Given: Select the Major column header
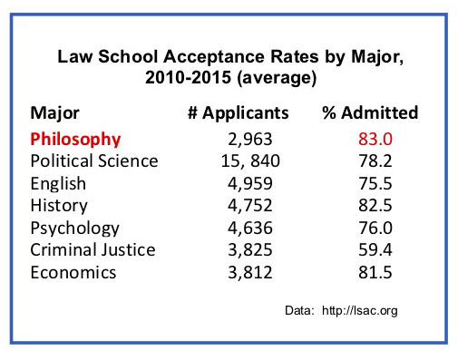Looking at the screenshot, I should point(54,114).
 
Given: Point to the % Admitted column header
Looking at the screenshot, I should point(370,114).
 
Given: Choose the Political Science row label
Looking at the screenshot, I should point(94,161).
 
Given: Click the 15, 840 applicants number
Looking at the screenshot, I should point(239,161).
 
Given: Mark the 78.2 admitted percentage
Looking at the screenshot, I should point(371,161).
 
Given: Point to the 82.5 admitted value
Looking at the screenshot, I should point(371,205).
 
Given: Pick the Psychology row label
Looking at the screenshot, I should point(74,228).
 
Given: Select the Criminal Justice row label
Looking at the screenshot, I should point(93,249).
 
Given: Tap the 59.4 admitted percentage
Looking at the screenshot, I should point(371,249).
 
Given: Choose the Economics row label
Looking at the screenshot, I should point(73,271).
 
